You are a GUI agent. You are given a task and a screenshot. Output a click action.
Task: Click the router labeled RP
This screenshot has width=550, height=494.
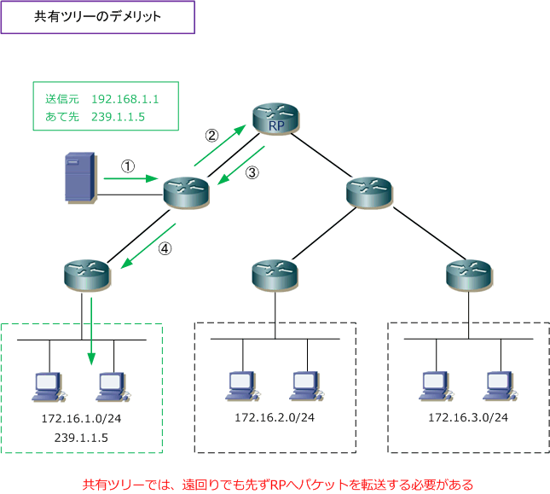[275, 119]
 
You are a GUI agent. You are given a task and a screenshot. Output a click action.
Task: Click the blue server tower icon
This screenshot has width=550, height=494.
[80, 177]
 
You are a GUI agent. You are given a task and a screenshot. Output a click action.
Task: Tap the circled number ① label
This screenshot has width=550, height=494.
[128, 166]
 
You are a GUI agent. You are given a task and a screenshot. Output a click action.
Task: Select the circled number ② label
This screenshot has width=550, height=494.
[211, 135]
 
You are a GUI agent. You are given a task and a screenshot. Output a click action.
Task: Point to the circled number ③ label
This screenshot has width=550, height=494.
[252, 172]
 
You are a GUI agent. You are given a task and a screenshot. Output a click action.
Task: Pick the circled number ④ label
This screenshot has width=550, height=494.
[165, 248]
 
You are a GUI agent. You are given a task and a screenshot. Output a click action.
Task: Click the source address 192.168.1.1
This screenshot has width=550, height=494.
[125, 99]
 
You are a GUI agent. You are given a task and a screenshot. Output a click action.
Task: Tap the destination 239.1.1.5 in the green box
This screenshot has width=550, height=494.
[119, 117]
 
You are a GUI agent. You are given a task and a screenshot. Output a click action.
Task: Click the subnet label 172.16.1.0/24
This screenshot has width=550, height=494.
[81, 418]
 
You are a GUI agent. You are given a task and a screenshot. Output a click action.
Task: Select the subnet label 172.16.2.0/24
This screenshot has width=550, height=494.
[275, 417]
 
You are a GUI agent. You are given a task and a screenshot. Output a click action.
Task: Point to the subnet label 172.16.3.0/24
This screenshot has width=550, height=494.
[468, 417]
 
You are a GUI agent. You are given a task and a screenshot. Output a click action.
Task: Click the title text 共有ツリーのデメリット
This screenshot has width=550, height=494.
[97, 16]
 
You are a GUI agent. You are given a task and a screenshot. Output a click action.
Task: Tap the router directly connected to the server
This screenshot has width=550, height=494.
[186, 194]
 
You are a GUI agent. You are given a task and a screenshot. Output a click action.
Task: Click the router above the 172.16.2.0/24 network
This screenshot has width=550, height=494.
[275, 276]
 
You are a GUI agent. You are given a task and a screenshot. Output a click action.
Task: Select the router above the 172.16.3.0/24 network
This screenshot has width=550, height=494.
[469, 276]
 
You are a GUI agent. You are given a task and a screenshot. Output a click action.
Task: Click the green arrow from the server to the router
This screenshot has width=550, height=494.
[130, 178]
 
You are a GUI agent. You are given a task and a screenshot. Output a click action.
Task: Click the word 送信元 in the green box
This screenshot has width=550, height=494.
[62, 99]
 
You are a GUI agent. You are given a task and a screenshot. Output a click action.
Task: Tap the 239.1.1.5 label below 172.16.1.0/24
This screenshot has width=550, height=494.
[81, 438]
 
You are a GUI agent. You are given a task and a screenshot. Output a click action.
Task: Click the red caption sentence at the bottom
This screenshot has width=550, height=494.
[278, 485]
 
